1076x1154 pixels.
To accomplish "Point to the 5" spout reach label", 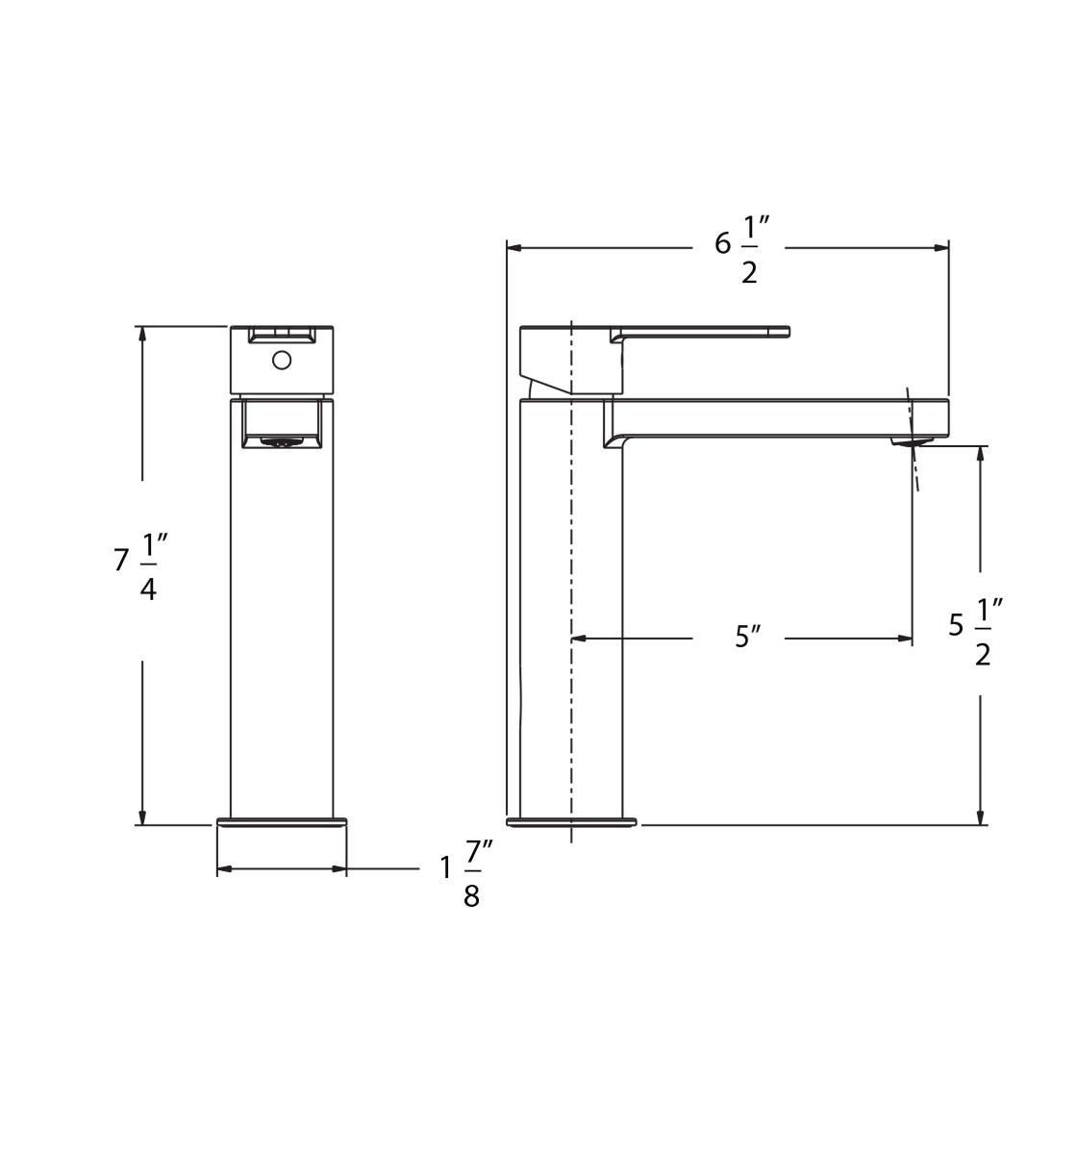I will (747, 637).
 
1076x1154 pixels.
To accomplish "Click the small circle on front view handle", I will (282, 360).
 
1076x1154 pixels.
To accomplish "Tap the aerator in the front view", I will (281, 442).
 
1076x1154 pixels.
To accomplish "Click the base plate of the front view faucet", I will (282, 822).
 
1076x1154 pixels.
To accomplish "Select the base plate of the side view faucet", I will (571, 822).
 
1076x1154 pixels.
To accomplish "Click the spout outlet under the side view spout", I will (911, 441).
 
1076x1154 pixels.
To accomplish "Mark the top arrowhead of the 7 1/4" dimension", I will (142, 334).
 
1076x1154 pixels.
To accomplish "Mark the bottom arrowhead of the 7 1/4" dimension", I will (142, 817).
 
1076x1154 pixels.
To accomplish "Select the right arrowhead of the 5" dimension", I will (905, 638).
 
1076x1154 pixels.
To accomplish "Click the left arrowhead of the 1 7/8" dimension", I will (224, 869).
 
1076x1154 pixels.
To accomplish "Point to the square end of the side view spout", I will (931, 418).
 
